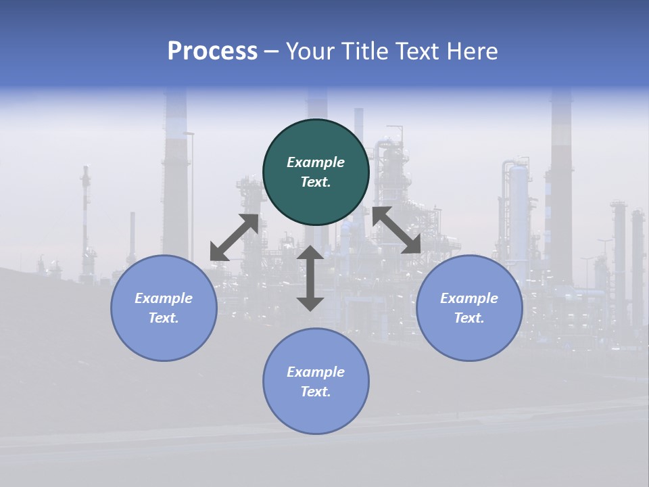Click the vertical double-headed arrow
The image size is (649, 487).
click(x=310, y=279)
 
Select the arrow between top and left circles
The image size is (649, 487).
click(x=235, y=237)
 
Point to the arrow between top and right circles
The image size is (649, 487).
click(x=396, y=231)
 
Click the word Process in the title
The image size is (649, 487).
click(x=212, y=51)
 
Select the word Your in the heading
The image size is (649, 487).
click(x=310, y=51)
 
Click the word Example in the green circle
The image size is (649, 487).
click(x=316, y=162)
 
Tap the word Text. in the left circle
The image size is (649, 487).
click(x=164, y=318)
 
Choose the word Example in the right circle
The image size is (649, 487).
click(x=469, y=298)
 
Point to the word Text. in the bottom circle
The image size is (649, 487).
click(x=316, y=392)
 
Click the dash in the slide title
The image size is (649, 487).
click(x=271, y=52)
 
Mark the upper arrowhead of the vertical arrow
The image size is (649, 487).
click(x=310, y=253)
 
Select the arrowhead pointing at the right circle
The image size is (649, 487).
click(x=411, y=246)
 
